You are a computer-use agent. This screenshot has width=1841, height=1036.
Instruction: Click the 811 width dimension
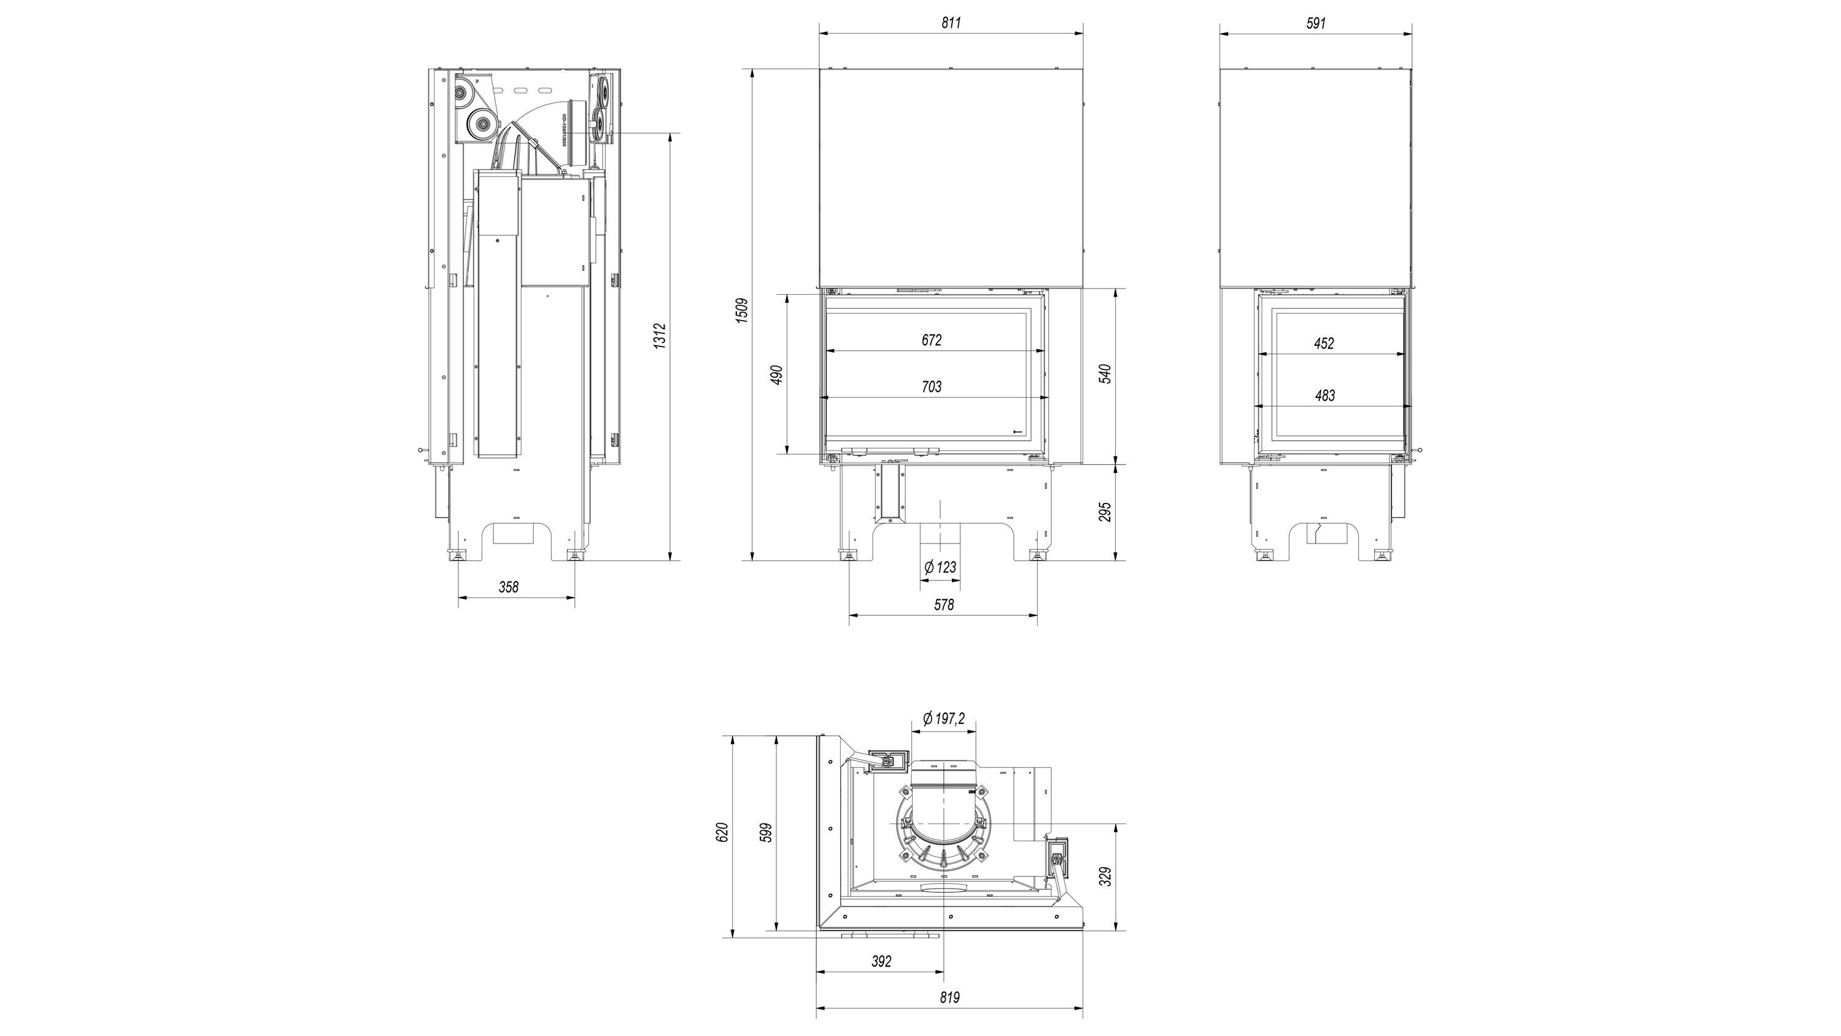pyautogui.click(x=951, y=23)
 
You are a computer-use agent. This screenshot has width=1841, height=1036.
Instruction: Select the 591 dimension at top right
pyautogui.click(x=1316, y=23)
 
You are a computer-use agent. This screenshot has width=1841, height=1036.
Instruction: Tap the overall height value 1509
pyautogui.click(x=742, y=311)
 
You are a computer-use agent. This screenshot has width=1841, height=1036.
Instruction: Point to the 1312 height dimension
pyautogui.click(x=660, y=336)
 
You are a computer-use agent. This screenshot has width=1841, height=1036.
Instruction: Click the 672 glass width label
pyautogui.click(x=931, y=340)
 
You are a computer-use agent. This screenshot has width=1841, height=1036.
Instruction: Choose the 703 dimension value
pyautogui.click(x=931, y=387)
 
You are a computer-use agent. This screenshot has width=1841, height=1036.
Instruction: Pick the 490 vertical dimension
pyautogui.click(x=777, y=374)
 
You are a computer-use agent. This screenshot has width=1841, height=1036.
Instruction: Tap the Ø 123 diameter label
pyautogui.click(x=940, y=567)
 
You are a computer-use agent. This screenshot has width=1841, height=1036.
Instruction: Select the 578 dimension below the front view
pyautogui.click(x=943, y=605)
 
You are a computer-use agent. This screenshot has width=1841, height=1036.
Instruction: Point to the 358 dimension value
pyautogui.click(x=508, y=587)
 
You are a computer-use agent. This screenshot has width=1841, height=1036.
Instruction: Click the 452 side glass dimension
pyautogui.click(x=1324, y=343)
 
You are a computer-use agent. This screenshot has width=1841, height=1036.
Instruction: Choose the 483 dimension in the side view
pyautogui.click(x=1324, y=395)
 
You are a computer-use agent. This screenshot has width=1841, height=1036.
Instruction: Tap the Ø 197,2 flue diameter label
pyautogui.click(x=943, y=719)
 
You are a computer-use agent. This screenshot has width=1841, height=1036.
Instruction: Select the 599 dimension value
pyautogui.click(x=766, y=833)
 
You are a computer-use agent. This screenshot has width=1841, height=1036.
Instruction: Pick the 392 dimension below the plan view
pyautogui.click(x=882, y=962)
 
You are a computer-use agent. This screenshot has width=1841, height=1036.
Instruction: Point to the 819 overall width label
pyautogui.click(x=949, y=997)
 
